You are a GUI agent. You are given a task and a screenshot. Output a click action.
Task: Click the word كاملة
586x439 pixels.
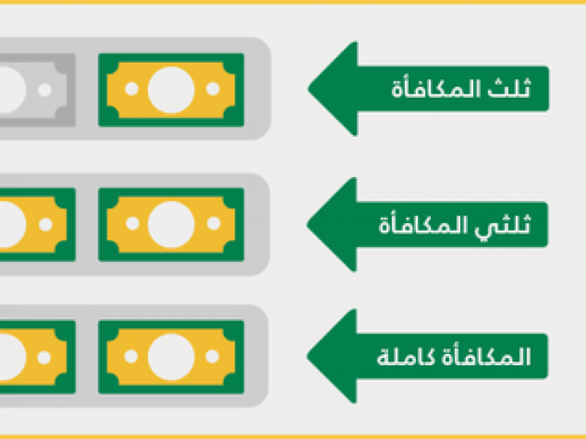coord(401,357)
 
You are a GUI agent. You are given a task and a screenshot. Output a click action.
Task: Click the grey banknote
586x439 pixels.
coord(37,90)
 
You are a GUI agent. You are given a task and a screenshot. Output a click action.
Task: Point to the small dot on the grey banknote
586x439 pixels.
coord(45,90)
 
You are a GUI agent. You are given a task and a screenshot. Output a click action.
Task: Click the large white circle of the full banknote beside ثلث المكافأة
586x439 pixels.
coord(171,89)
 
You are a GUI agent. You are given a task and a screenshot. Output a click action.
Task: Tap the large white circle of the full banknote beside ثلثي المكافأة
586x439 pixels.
coord(171,225)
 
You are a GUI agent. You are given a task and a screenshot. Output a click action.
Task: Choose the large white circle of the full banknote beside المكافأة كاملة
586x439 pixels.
coord(171,357)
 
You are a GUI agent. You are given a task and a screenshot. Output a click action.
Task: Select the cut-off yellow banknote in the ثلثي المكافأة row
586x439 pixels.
coord(37,225)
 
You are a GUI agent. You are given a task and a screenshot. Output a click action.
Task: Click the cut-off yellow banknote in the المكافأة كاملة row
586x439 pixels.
coord(37,357)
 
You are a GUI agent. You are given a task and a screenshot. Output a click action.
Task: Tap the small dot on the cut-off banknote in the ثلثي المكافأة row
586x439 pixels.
coord(45,225)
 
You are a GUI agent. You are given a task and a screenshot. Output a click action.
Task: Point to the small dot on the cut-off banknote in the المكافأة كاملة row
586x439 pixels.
coord(44,357)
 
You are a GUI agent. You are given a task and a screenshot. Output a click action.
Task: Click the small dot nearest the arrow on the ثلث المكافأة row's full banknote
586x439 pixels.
coord(213,89)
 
